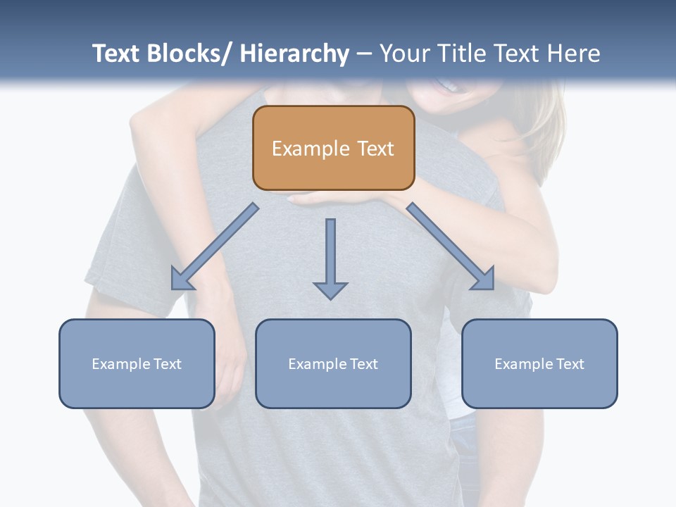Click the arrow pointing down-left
[214, 246]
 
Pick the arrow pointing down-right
[451, 246]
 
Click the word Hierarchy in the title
[294, 54]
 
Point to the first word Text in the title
[117, 54]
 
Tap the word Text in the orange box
[375, 149]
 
